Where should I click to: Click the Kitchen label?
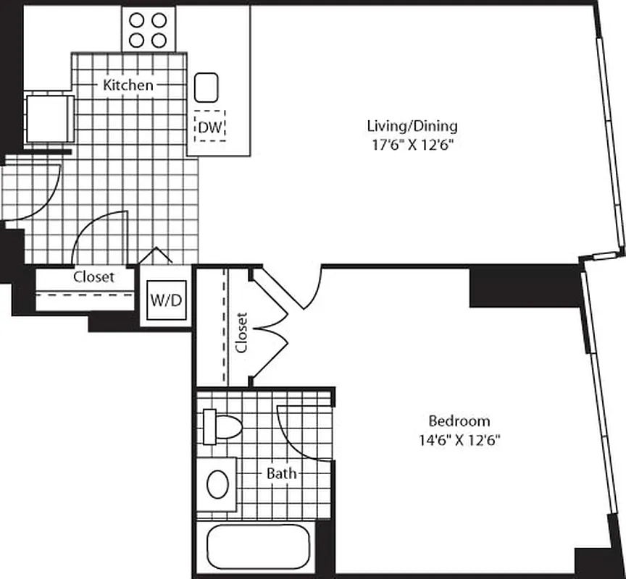128,85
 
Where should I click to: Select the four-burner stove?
148,30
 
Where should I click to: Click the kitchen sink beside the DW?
207,88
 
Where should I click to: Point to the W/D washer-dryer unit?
165,299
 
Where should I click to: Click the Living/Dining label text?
412,126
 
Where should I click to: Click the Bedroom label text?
459,420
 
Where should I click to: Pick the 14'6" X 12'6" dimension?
459,439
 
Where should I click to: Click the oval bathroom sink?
218,484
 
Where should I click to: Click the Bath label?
281,474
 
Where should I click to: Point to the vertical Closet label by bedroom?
242,332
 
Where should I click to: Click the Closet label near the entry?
93,276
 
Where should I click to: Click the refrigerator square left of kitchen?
47,117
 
